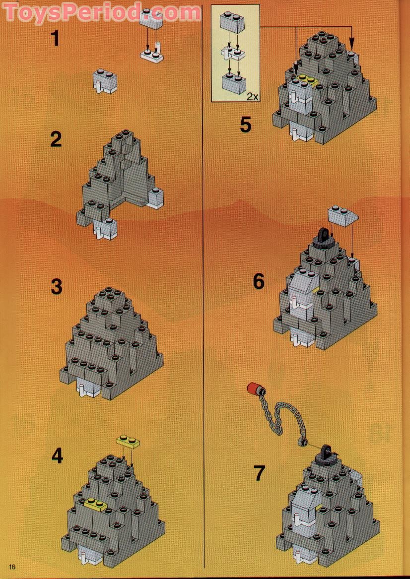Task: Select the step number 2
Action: click(56, 140)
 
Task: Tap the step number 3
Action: click(57, 286)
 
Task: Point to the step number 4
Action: click(58, 455)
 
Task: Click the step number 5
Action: click(246, 124)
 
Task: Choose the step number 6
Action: click(259, 281)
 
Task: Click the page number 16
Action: click(12, 567)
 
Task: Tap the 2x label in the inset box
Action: click(252, 96)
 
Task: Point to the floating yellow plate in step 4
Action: click(129, 441)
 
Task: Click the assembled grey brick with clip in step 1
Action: click(105, 81)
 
